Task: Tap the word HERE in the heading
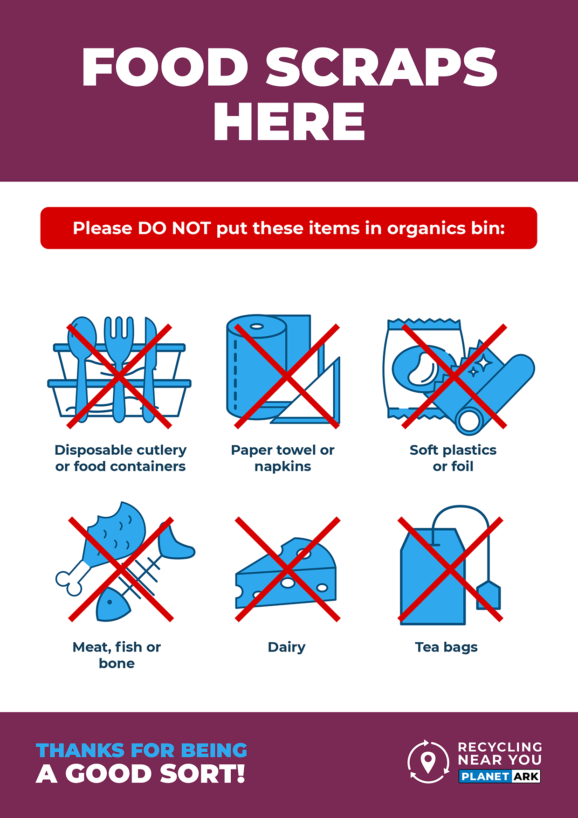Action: coord(289,122)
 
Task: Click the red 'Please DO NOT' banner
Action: coord(289,228)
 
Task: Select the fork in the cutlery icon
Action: coord(119,368)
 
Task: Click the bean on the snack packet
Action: coord(422,368)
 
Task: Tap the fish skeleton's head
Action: coord(112,605)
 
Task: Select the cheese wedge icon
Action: coord(286,573)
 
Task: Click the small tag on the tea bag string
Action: coord(489,596)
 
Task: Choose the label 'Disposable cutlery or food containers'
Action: coord(120,458)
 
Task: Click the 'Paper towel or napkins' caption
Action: coord(283,458)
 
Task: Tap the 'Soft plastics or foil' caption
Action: coord(453,458)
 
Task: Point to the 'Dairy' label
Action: coord(287,647)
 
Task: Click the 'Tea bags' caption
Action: coord(447,647)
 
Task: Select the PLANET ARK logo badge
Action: coord(500,776)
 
